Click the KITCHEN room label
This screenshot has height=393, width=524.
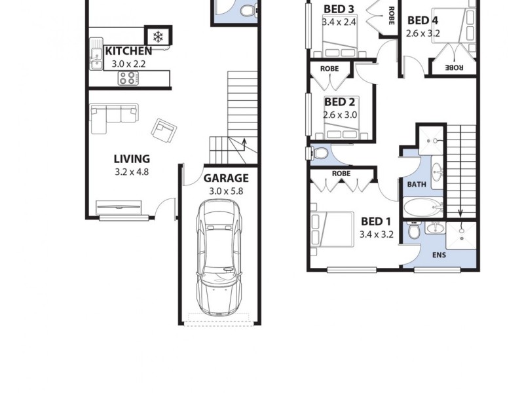(x=128, y=50)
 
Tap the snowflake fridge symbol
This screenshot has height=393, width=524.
(x=158, y=37)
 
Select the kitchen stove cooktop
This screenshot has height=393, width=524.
(x=128, y=79)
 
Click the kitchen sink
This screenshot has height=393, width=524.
(x=96, y=58)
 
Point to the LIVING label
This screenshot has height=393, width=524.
(x=132, y=159)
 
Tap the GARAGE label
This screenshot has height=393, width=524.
(x=225, y=178)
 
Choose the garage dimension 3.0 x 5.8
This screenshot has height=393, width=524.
(x=225, y=191)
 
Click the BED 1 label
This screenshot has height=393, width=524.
(x=376, y=220)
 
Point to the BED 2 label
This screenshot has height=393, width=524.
(x=339, y=102)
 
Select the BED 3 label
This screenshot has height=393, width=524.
(x=339, y=9)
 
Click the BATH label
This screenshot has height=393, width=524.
(x=417, y=185)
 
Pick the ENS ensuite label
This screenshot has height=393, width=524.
(x=439, y=255)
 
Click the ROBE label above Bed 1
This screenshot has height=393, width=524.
(x=341, y=174)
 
